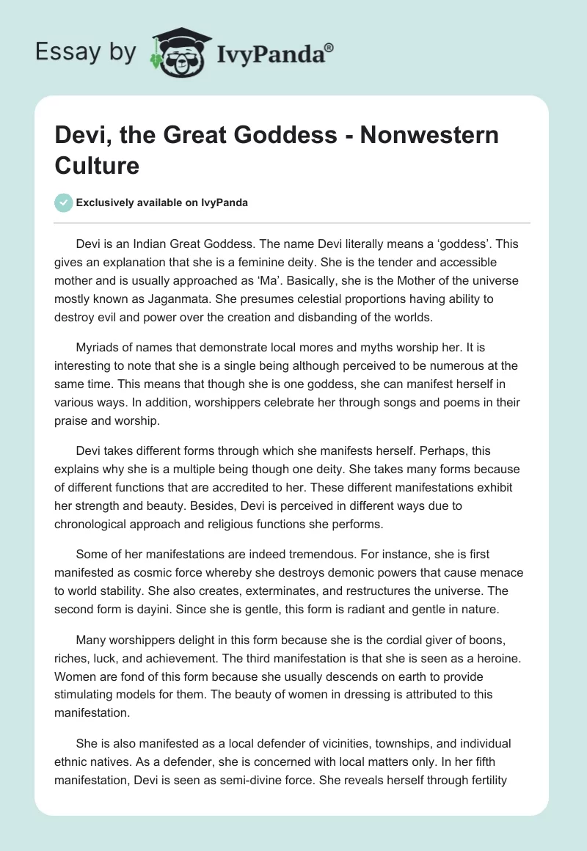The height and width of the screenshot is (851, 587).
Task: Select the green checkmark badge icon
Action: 65,202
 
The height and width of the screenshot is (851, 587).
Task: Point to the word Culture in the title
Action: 97,165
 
